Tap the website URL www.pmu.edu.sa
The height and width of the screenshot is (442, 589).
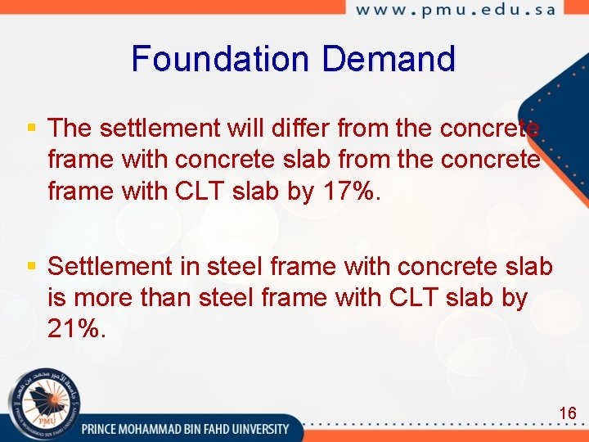tap(455, 11)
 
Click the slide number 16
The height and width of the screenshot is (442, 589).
tap(568, 413)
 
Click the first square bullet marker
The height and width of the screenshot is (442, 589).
tap(32, 128)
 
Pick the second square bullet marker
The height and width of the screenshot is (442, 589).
tap(32, 265)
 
